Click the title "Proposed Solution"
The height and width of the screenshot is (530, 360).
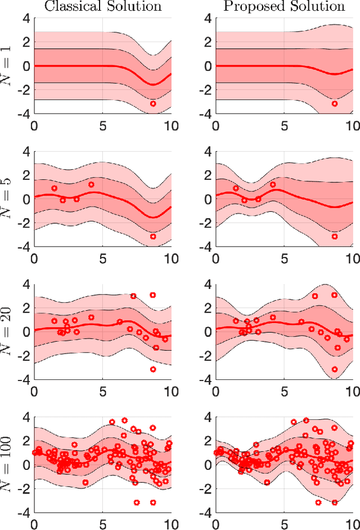tap(284, 7)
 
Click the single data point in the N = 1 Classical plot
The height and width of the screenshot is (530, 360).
tap(153, 104)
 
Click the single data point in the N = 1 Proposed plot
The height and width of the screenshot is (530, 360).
tap(335, 104)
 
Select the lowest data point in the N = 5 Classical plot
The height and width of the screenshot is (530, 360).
tap(153, 237)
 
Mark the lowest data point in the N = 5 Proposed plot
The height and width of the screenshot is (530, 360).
tap(335, 237)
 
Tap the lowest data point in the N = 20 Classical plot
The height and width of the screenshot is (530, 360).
tap(153, 369)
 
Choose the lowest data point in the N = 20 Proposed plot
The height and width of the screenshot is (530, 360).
tap(335, 369)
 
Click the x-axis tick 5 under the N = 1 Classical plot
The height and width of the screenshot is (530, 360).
tap(103, 126)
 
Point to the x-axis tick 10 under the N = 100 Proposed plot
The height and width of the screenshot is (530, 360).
tap(350, 524)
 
